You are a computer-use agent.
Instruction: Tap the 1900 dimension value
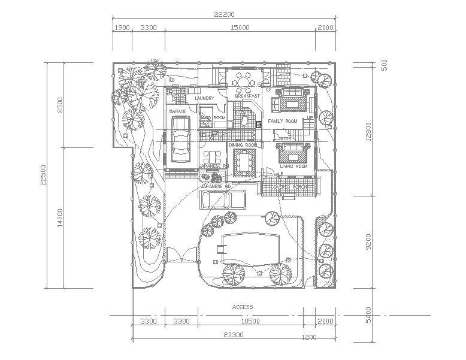coord(122,28)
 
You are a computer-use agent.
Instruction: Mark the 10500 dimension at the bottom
coord(250,322)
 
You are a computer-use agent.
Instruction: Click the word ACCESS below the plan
coord(243,307)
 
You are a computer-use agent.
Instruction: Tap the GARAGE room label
coord(178,111)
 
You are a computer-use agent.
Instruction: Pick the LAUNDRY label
coord(205,98)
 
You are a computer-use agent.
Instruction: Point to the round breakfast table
coord(244,80)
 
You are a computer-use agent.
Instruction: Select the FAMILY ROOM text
coord(282,122)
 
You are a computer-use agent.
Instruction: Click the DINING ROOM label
coord(243,145)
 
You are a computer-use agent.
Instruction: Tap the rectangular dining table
coord(243,162)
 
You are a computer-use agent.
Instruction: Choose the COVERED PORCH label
coord(289,187)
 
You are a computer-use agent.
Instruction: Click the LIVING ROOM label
coord(293,166)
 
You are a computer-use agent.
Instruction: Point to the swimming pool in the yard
coord(251,247)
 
